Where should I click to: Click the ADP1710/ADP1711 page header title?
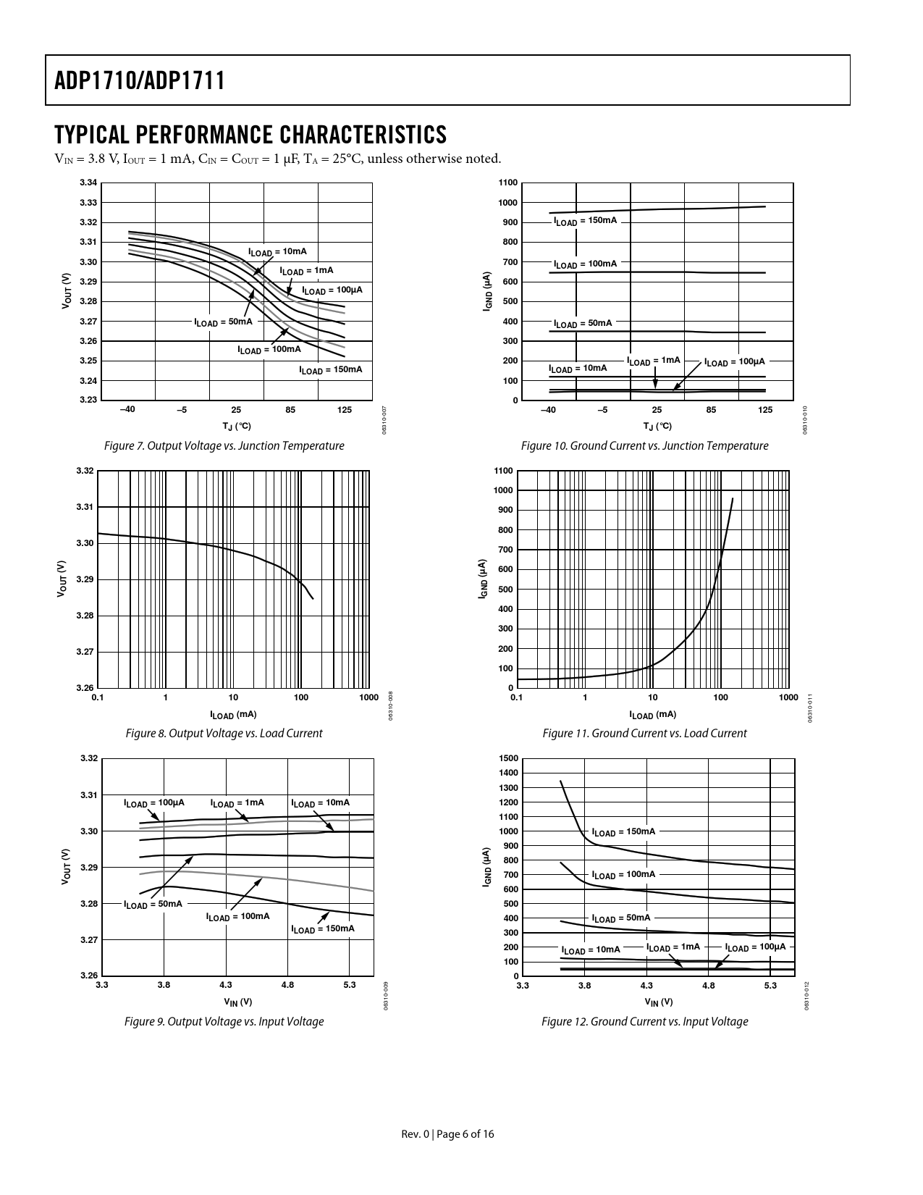[139, 80]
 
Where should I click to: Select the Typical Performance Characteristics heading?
[250, 135]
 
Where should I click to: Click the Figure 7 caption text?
[224, 446]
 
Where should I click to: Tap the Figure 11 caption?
[644, 734]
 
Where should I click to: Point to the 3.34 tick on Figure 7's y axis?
[88, 183]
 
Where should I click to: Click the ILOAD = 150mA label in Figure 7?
[331, 370]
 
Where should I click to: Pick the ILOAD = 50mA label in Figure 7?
[223, 322]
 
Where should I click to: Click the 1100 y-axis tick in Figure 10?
[508, 183]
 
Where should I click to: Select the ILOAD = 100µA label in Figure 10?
[734, 362]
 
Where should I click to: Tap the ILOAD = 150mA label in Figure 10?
[585, 220]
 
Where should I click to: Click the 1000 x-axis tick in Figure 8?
[369, 697]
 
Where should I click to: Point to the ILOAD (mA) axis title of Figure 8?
[233, 715]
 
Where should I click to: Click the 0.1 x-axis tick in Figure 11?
[517, 697]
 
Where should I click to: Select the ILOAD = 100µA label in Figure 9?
[154, 803]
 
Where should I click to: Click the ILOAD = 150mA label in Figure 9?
[322, 928]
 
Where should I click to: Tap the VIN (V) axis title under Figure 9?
[237, 1002]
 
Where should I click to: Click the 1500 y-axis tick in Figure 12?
[508, 758]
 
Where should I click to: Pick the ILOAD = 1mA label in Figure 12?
[673, 947]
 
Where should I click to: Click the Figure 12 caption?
[644, 1022]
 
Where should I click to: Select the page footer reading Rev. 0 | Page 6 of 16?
[448, 1134]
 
